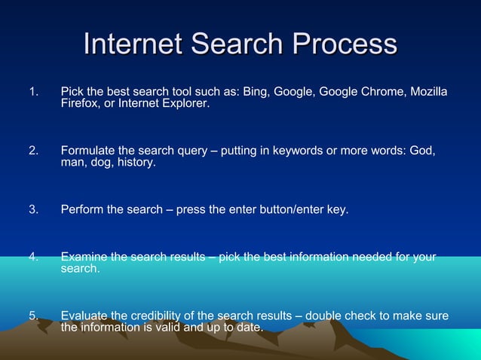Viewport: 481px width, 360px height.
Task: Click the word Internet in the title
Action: (133, 44)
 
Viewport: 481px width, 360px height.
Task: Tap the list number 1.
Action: (33, 92)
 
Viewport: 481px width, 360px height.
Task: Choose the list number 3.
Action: (33, 209)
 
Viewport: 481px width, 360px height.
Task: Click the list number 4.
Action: (33, 257)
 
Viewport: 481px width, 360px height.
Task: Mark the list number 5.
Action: (33, 316)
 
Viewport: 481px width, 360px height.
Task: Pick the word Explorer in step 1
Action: (184, 104)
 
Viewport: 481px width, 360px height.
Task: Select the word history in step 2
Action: (136, 162)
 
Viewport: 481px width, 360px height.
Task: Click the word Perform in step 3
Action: (82, 209)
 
